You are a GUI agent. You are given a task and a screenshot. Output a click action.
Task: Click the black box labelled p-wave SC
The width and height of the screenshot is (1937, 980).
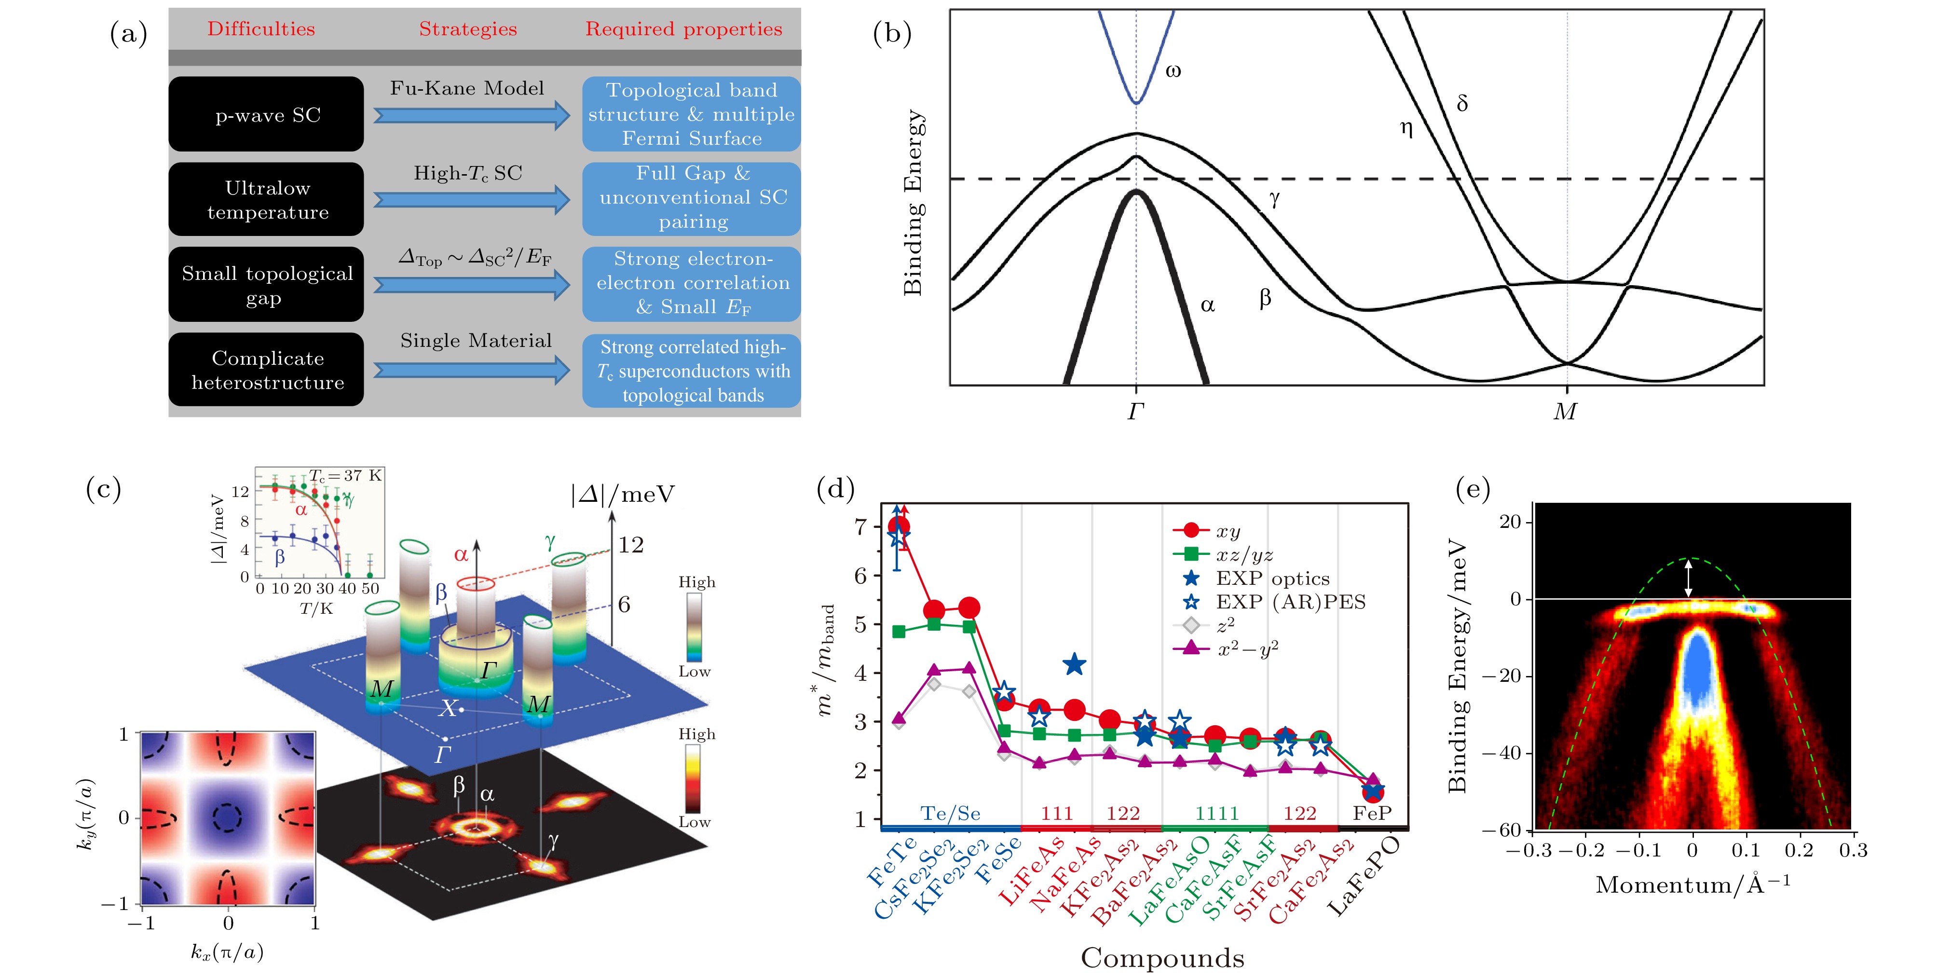pyautogui.click(x=266, y=114)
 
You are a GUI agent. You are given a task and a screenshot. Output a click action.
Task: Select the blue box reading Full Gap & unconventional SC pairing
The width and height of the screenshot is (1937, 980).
pyautogui.click(x=691, y=198)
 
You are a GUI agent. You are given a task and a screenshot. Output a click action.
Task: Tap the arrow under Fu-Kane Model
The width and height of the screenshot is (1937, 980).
pyautogui.click(x=471, y=115)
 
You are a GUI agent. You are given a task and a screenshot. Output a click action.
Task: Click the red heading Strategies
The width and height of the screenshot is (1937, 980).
pyautogui.click(x=468, y=29)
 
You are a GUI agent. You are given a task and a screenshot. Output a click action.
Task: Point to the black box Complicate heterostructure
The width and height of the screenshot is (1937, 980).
pyautogui.click(x=266, y=370)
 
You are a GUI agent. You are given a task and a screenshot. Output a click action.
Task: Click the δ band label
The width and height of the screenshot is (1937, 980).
pyautogui.click(x=1462, y=103)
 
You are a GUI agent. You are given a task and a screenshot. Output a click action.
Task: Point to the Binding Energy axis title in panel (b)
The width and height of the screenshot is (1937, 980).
pyautogui.click(x=913, y=203)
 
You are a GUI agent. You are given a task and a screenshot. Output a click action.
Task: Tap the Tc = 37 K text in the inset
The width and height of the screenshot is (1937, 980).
pyautogui.click(x=346, y=475)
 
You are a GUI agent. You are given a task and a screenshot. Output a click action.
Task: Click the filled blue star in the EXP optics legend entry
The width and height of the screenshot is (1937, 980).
pyautogui.click(x=1191, y=579)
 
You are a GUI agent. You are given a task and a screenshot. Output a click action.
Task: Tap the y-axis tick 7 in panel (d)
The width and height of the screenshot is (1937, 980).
pyautogui.click(x=861, y=526)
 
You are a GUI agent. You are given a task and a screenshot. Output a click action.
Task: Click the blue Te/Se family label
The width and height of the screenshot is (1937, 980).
pyautogui.click(x=951, y=813)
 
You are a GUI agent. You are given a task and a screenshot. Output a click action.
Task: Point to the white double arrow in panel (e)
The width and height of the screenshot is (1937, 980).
pyautogui.click(x=1689, y=579)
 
